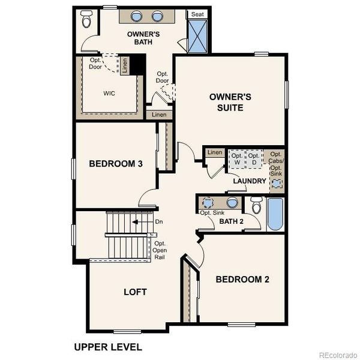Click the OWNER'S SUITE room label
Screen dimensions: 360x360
point(226,102)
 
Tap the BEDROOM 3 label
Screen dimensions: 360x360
point(115,164)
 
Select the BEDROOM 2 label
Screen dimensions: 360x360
point(242,279)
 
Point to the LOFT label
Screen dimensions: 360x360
point(135,292)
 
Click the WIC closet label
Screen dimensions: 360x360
point(109,93)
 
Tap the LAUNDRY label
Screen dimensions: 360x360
point(249,181)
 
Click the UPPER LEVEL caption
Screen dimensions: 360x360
point(108,347)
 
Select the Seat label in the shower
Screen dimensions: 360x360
point(196,14)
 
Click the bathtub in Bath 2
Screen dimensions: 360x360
point(276,215)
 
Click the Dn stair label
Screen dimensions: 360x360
point(159,222)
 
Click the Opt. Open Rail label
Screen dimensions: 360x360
point(160,250)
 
